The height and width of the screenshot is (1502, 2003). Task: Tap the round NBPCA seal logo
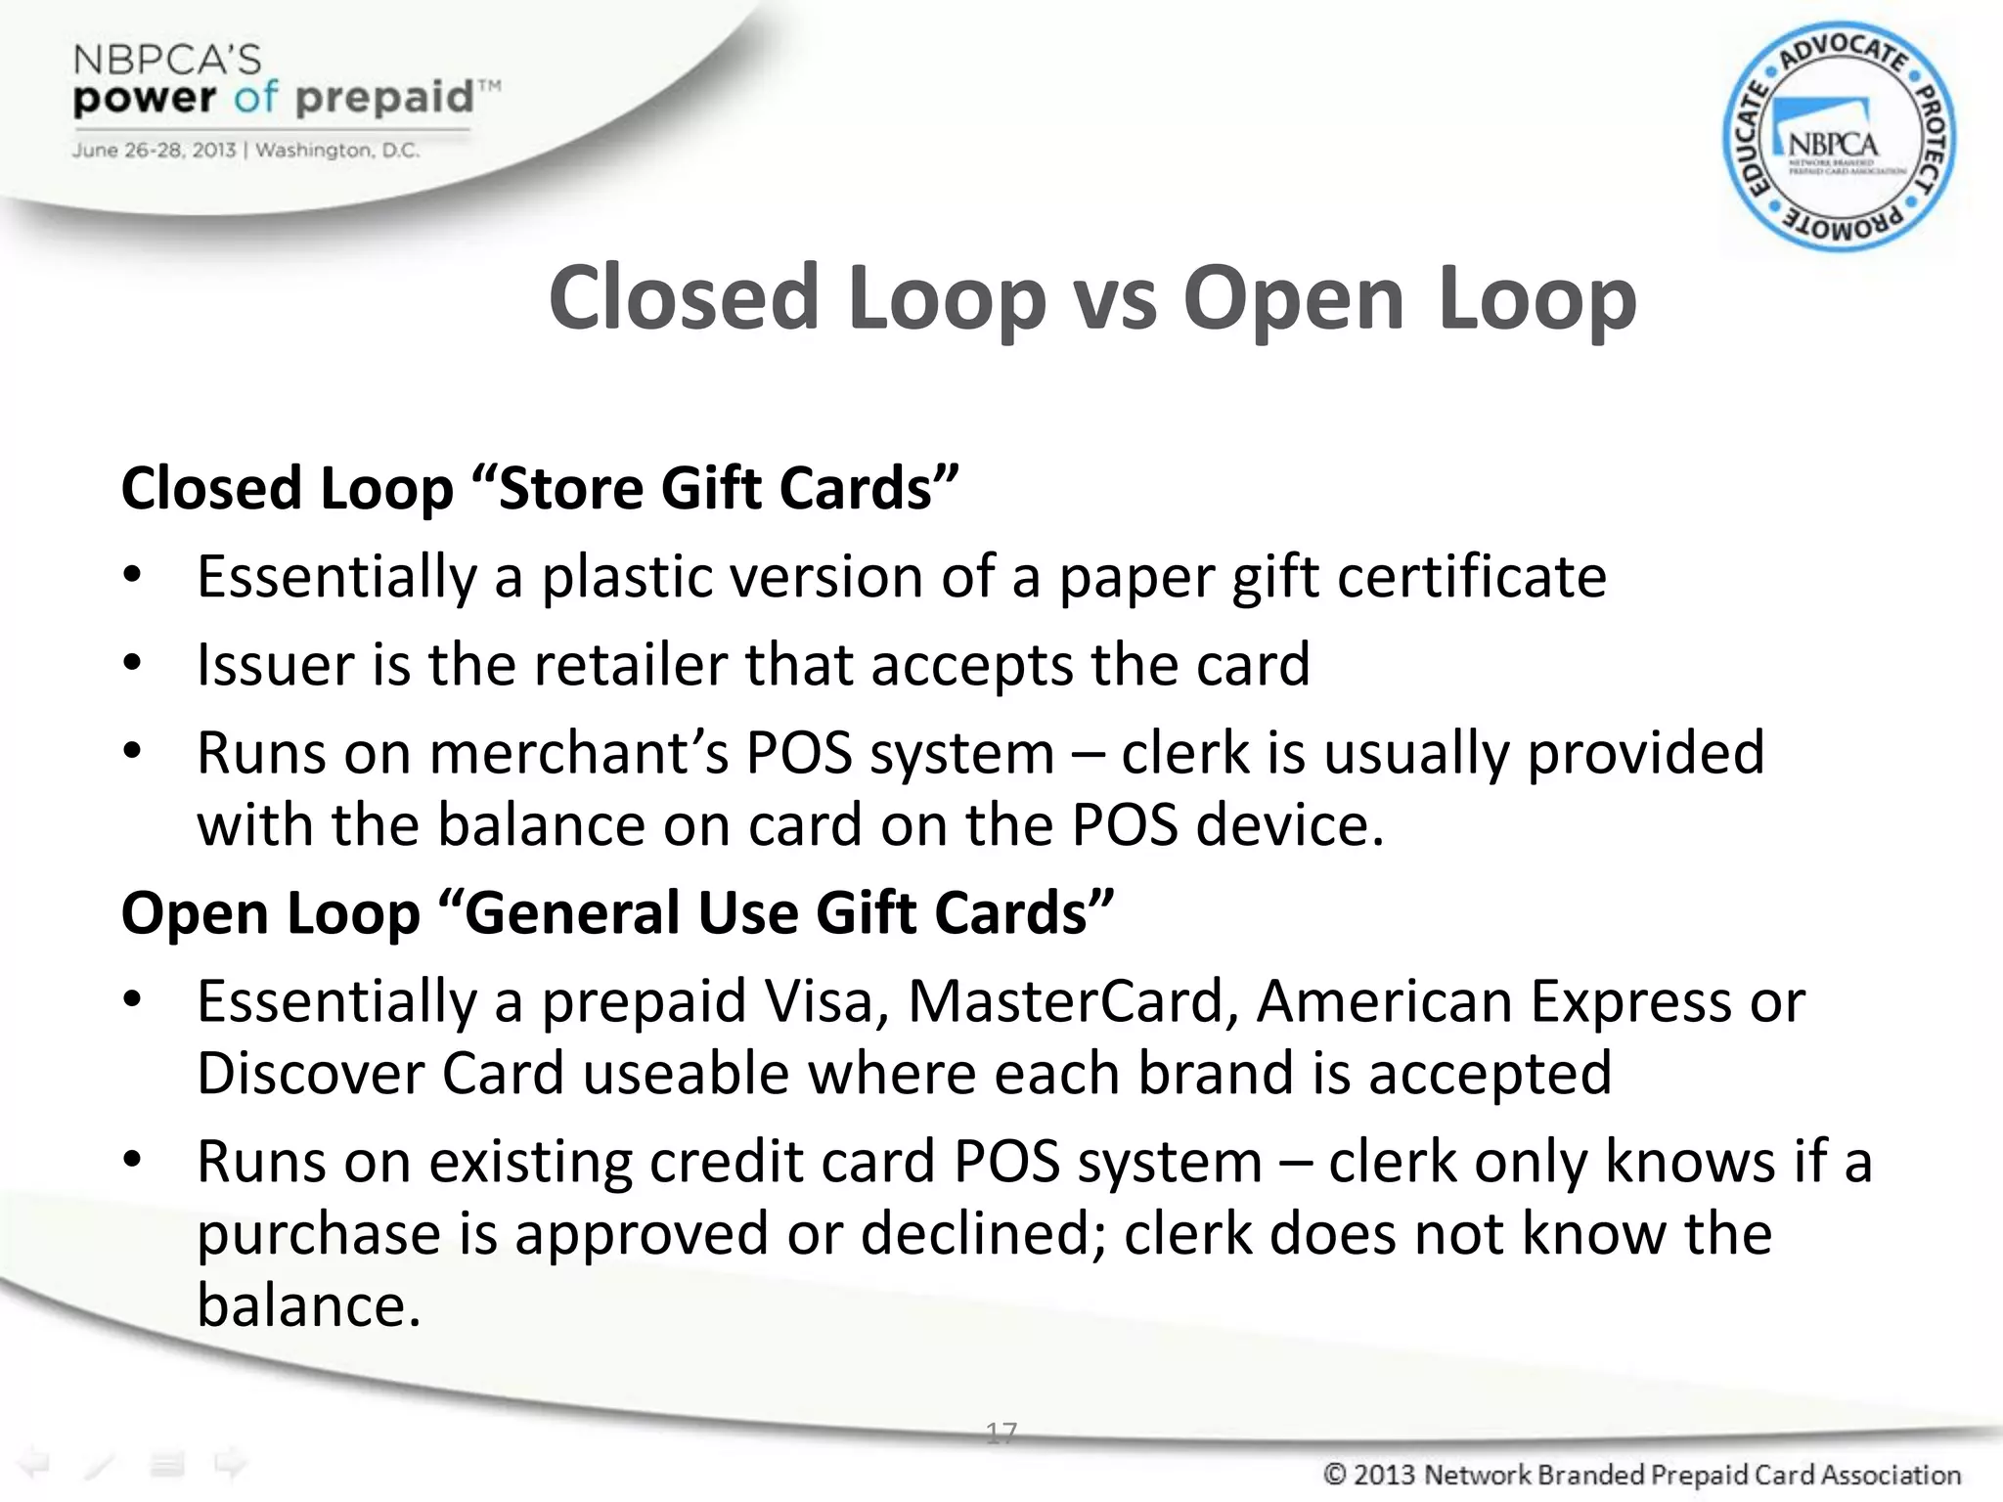(x=1838, y=137)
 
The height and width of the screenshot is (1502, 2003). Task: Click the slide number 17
(x=1001, y=1433)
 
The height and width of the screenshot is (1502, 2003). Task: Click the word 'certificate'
(x=1471, y=576)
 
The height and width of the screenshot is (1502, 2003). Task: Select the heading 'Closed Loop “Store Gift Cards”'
(x=539, y=488)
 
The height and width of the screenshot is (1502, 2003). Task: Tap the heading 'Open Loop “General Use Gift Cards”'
(x=617, y=912)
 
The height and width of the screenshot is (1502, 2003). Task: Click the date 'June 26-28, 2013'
(x=154, y=151)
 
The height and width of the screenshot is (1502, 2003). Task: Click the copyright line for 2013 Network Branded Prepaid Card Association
(x=1641, y=1475)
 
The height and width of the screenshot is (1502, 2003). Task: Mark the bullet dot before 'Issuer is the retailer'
(x=133, y=664)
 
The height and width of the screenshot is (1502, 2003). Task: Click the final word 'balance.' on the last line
(x=309, y=1305)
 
